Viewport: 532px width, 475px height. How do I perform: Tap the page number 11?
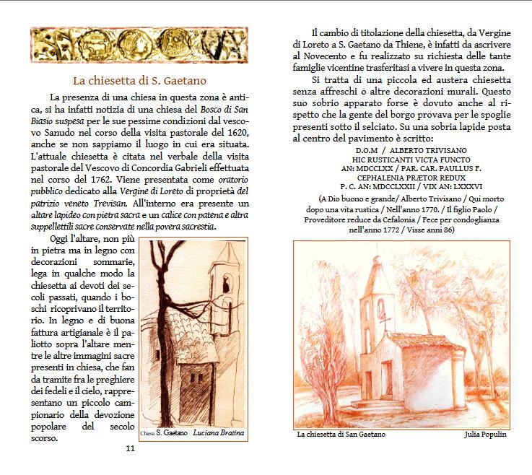(x=131, y=449)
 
